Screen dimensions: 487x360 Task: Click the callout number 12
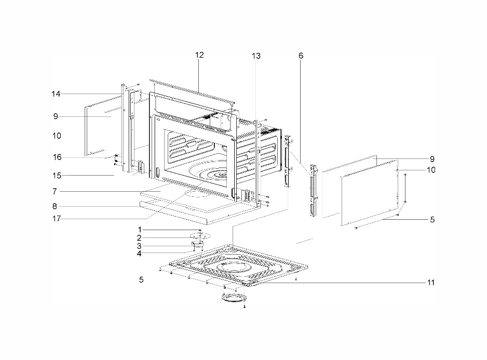[199, 55]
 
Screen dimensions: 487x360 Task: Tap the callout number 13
[256, 56]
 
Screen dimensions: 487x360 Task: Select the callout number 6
[301, 56]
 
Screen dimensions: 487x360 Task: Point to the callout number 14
[56, 94]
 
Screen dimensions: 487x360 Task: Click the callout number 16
[57, 157]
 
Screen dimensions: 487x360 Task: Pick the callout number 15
[57, 176]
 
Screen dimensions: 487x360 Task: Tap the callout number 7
[55, 192]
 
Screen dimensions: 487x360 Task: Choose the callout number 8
[55, 206]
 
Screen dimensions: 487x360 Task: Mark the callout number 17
[56, 219]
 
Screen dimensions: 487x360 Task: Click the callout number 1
[140, 230]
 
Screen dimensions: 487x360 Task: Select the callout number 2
[139, 238]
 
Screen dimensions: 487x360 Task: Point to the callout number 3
[139, 246]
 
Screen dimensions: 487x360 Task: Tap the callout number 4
[139, 254]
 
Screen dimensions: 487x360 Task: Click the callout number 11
[431, 283]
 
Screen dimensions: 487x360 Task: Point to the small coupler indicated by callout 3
[197, 245]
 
